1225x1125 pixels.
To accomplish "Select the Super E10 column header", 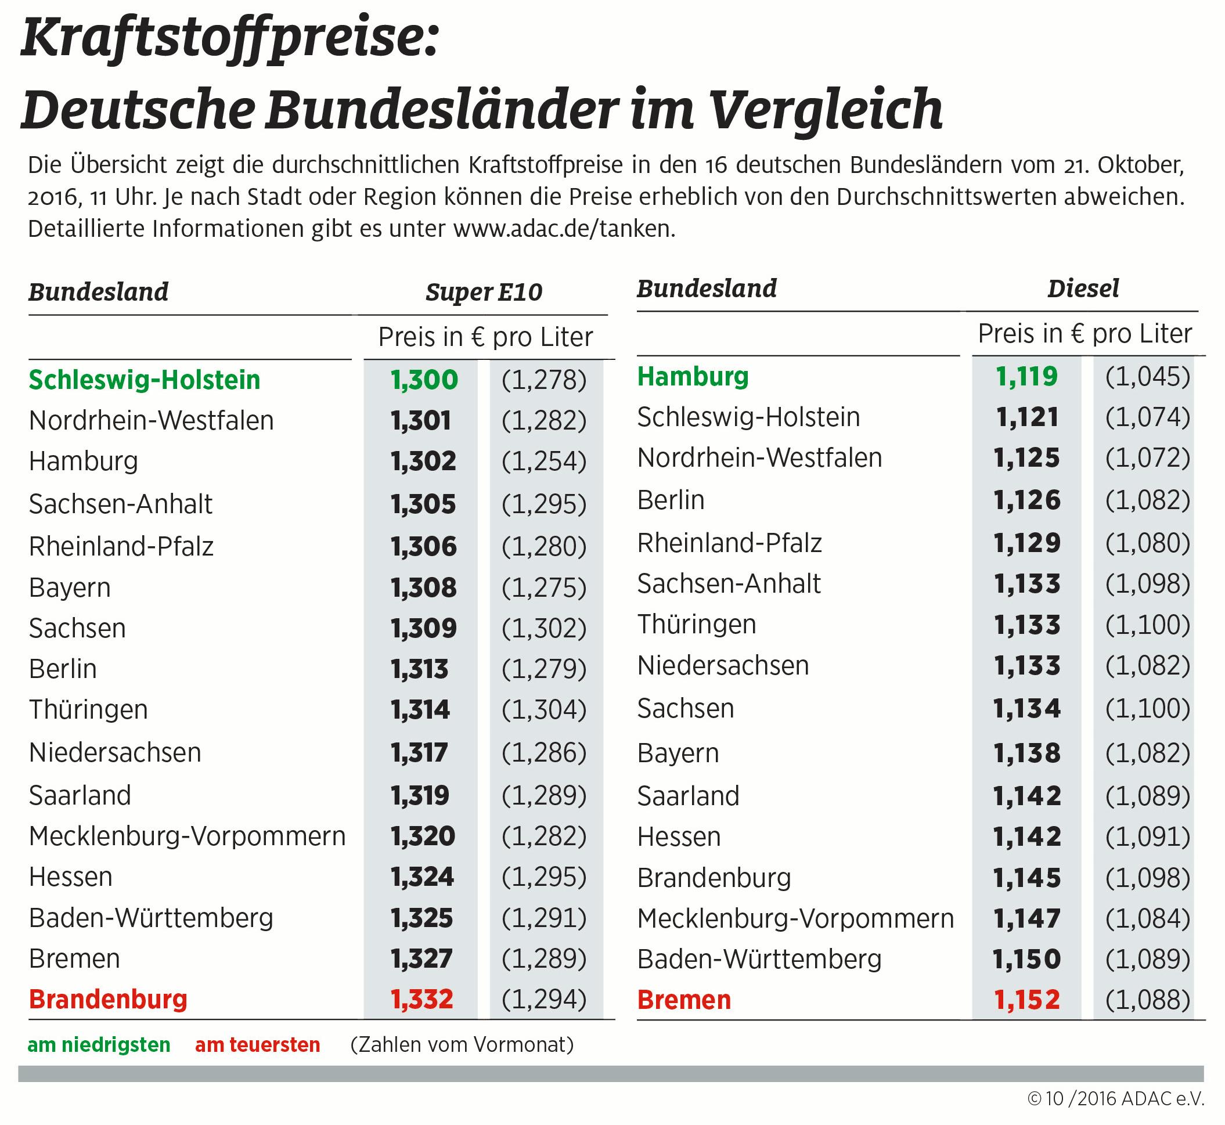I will tap(484, 293).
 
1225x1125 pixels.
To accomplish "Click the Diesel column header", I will tap(1083, 289).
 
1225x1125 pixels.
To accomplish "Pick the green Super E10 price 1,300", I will tap(424, 380).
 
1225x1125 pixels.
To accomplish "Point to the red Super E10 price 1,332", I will tap(422, 1000).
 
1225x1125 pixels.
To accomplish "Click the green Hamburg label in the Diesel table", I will tap(693, 377).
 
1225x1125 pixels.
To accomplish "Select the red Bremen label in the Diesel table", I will tap(684, 1000).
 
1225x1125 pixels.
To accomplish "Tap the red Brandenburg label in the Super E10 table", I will tap(108, 1000).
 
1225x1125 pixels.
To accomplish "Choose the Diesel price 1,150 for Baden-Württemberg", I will tap(1026, 960).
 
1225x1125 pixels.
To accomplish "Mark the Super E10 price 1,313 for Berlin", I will tap(420, 670).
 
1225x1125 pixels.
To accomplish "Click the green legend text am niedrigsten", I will tap(99, 1045).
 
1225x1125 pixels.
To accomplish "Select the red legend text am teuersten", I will tap(258, 1045).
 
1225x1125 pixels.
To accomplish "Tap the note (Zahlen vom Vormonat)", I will tap(462, 1045).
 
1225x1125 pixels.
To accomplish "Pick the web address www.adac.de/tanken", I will tap(564, 229).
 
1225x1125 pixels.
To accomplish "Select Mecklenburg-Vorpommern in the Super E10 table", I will tap(187, 836).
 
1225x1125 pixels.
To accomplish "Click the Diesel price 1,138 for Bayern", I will tap(1027, 753).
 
